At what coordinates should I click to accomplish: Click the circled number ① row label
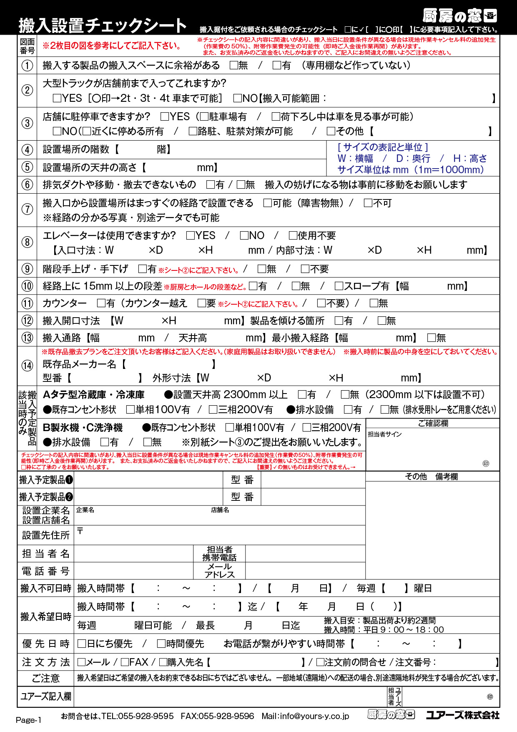click(x=27, y=66)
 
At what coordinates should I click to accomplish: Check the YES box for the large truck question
click(x=58, y=98)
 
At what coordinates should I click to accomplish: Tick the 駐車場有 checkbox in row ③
click(x=204, y=116)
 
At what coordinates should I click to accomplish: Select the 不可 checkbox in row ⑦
click(x=368, y=203)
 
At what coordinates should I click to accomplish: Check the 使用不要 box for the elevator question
click(x=293, y=236)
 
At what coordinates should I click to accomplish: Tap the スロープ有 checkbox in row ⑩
click(x=339, y=286)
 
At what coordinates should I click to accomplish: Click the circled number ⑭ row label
click(x=27, y=366)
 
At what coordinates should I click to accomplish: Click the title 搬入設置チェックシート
click(x=103, y=25)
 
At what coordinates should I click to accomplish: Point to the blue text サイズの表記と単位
click(x=383, y=147)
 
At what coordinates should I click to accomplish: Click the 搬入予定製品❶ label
click(x=46, y=480)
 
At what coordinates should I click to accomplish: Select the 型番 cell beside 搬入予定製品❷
click(x=242, y=497)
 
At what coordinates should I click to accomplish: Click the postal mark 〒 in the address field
click(x=80, y=531)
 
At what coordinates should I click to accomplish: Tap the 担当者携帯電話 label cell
click(x=219, y=553)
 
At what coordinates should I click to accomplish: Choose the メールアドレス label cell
click(x=219, y=570)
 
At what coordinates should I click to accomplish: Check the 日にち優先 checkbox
click(x=82, y=644)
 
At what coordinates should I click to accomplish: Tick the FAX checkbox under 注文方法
click(x=125, y=662)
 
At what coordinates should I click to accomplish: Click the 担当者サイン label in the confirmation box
click(x=384, y=434)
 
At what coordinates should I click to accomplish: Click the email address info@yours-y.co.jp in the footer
click(x=314, y=716)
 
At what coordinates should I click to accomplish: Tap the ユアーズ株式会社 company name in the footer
click(x=462, y=715)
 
